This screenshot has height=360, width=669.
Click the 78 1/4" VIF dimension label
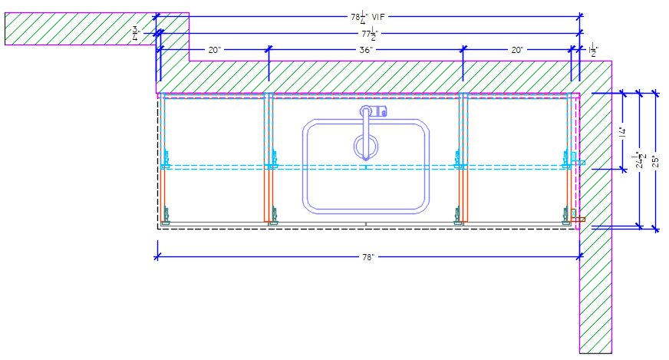pyautogui.click(x=367, y=15)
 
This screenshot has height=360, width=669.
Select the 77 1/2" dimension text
pyautogui.click(x=367, y=34)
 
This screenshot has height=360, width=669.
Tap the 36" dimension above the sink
pyautogui.click(x=366, y=50)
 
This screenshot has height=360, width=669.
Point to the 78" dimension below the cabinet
pyautogui.click(x=367, y=257)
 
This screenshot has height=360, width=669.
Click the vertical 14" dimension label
pyautogui.click(x=623, y=131)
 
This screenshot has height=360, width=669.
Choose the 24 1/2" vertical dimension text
pyautogui.click(x=639, y=160)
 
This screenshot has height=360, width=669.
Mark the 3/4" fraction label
pyautogui.click(x=137, y=32)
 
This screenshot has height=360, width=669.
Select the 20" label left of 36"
pyautogui.click(x=215, y=50)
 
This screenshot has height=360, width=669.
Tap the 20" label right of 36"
pyautogui.click(x=517, y=50)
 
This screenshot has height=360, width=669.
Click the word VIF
pyautogui.click(x=379, y=15)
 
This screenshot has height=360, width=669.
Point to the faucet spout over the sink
pyautogui.click(x=366, y=130)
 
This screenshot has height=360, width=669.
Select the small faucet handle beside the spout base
pyautogui.click(x=383, y=112)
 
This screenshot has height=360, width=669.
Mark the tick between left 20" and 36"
pyautogui.click(x=269, y=50)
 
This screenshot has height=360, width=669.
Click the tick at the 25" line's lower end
pyautogui.click(x=655, y=227)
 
